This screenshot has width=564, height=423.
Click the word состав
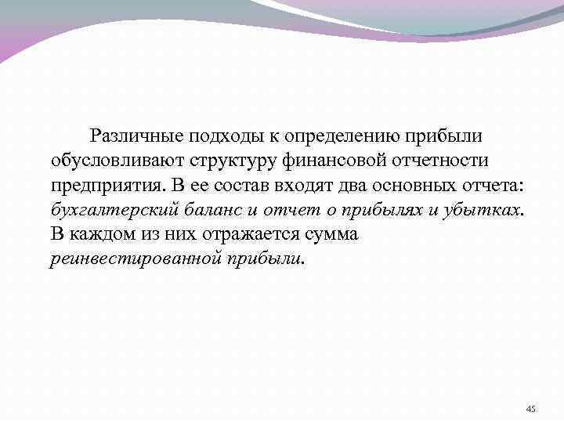click(x=230, y=186)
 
